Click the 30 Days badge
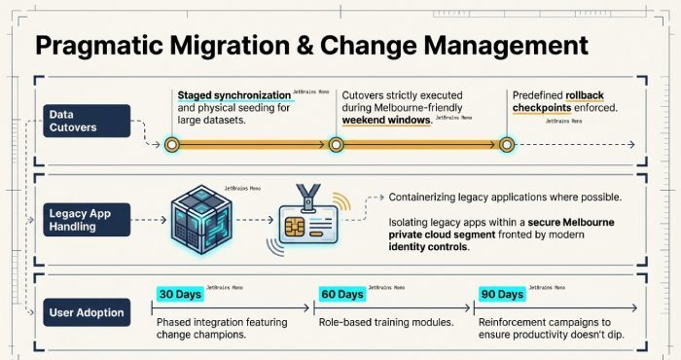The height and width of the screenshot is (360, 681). point(180,294)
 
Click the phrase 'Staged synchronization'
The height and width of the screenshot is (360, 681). point(233,95)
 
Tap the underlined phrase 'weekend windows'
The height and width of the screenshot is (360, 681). point(386,120)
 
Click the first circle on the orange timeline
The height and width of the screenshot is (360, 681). point(171,145)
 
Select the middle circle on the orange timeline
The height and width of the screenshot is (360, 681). point(336,145)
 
